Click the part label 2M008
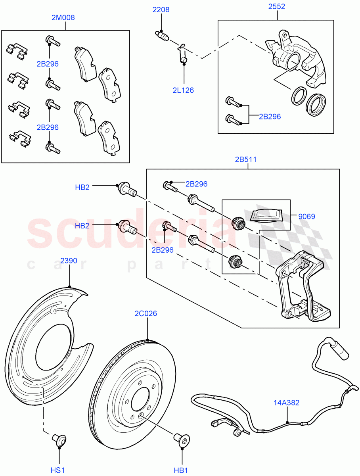point(63,17)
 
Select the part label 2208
point(161,10)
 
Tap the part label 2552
point(276,6)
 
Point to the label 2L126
point(183,90)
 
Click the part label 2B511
point(246,160)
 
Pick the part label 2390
point(69,261)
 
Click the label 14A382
point(286,403)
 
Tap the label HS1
point(58,470)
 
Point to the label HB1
point(181,470)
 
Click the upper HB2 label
point(82,187)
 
